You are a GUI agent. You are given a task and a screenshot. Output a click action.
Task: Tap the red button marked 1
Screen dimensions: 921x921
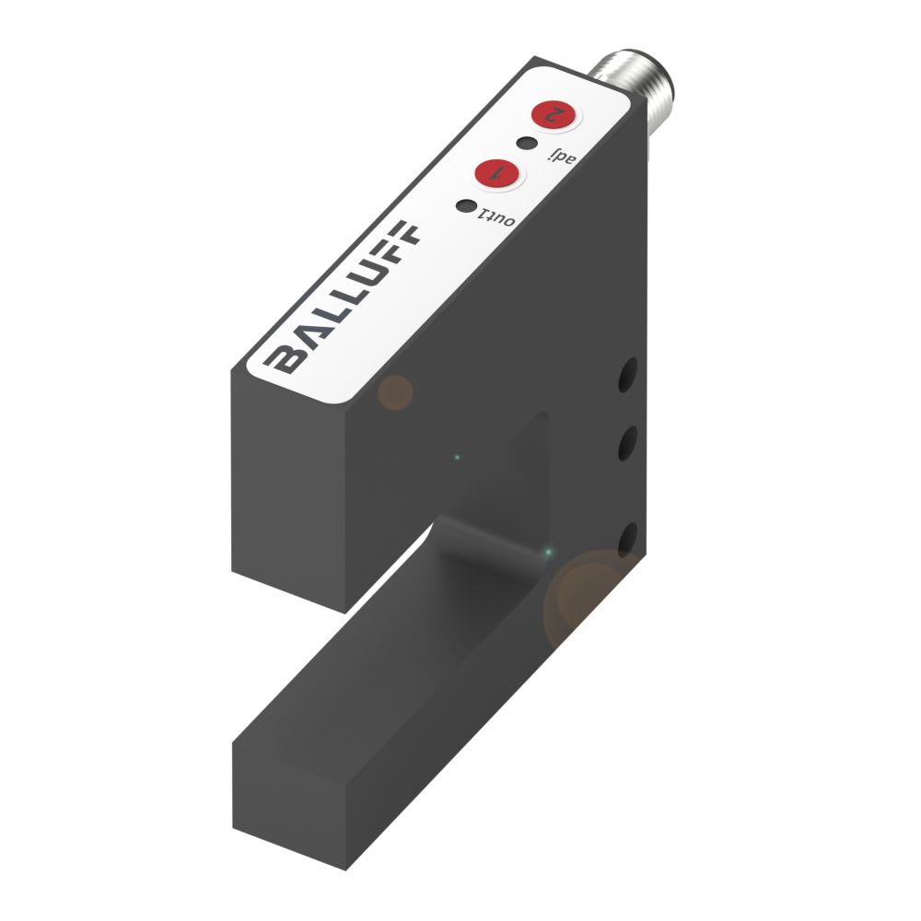click(495, 172)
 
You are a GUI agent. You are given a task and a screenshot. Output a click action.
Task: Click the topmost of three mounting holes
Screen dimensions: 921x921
click(629, 373)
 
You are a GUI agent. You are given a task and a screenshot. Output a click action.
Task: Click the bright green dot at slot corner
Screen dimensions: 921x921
click(549, 552)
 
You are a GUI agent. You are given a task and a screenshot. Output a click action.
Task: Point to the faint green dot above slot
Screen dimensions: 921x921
click(458, 455)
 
